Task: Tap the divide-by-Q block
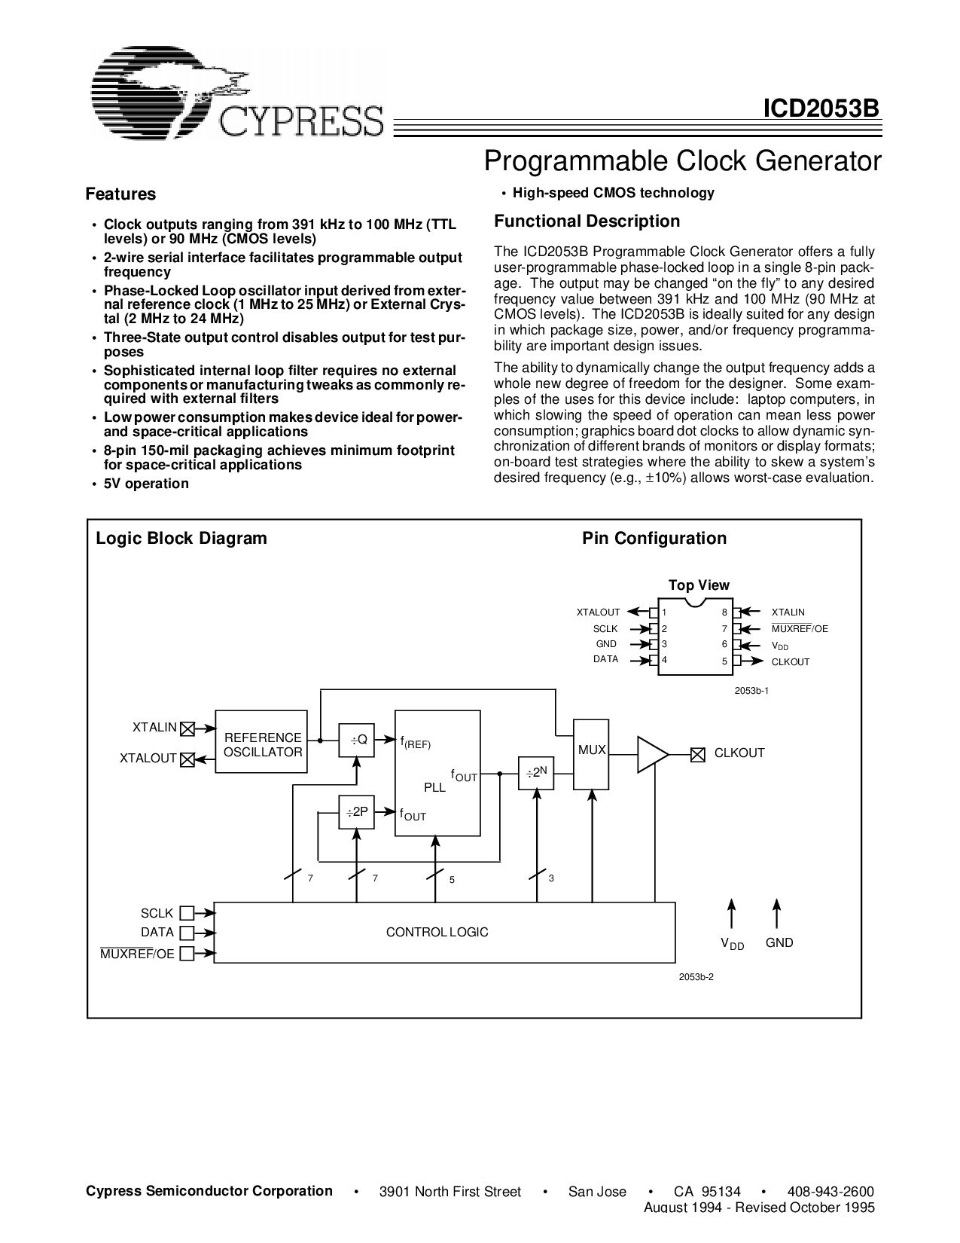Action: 356,741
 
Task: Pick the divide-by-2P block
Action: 356,812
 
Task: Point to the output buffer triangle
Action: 651,754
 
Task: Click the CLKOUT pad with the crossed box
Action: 698,753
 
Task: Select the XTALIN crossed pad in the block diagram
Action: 187,728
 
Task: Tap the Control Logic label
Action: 437,933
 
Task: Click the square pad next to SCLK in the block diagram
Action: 187,914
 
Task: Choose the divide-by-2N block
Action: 536,773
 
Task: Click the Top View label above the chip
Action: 699,585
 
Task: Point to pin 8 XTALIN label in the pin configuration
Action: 788,612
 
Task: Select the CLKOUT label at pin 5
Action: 790,662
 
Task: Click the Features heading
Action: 120,194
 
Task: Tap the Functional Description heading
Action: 587,221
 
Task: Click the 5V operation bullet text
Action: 146,484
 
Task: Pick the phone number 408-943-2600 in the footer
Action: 830,1191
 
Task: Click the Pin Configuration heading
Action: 654,539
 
